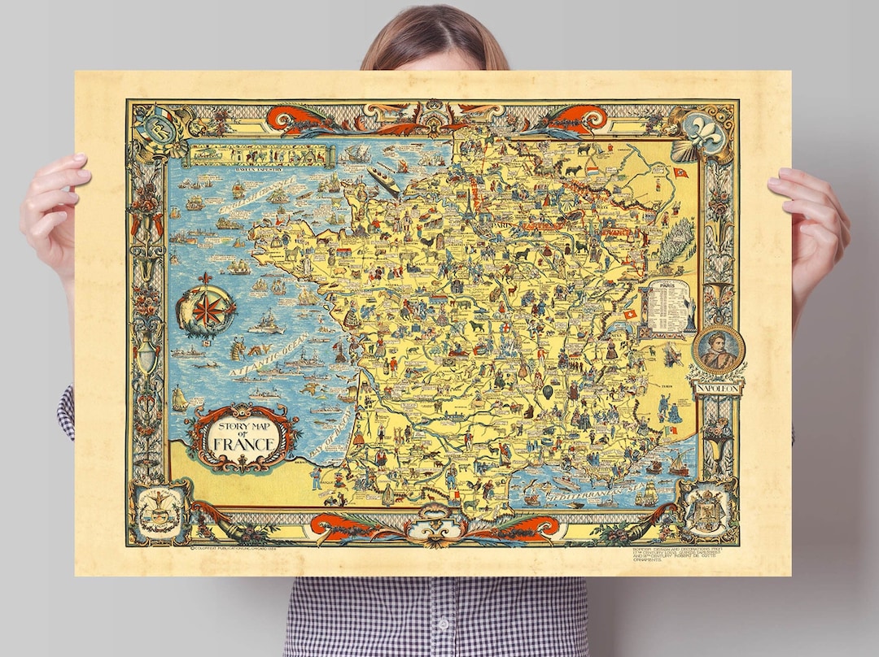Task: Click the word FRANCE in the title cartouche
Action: (x=243, y=444)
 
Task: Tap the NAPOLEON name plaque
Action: (x=718, y=389)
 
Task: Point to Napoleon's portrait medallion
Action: (x=719, y=350)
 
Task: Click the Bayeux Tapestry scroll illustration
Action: (x=259, y=155)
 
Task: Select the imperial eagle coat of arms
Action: (x=706, y=513)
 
